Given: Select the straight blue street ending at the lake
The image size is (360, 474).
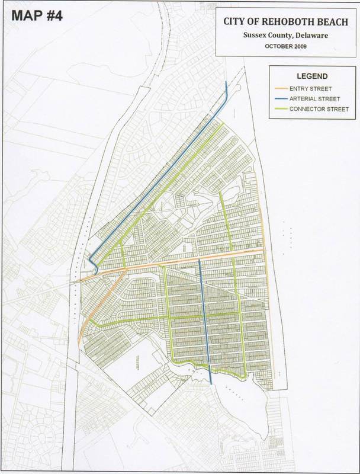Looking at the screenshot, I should tap(205, 320).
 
